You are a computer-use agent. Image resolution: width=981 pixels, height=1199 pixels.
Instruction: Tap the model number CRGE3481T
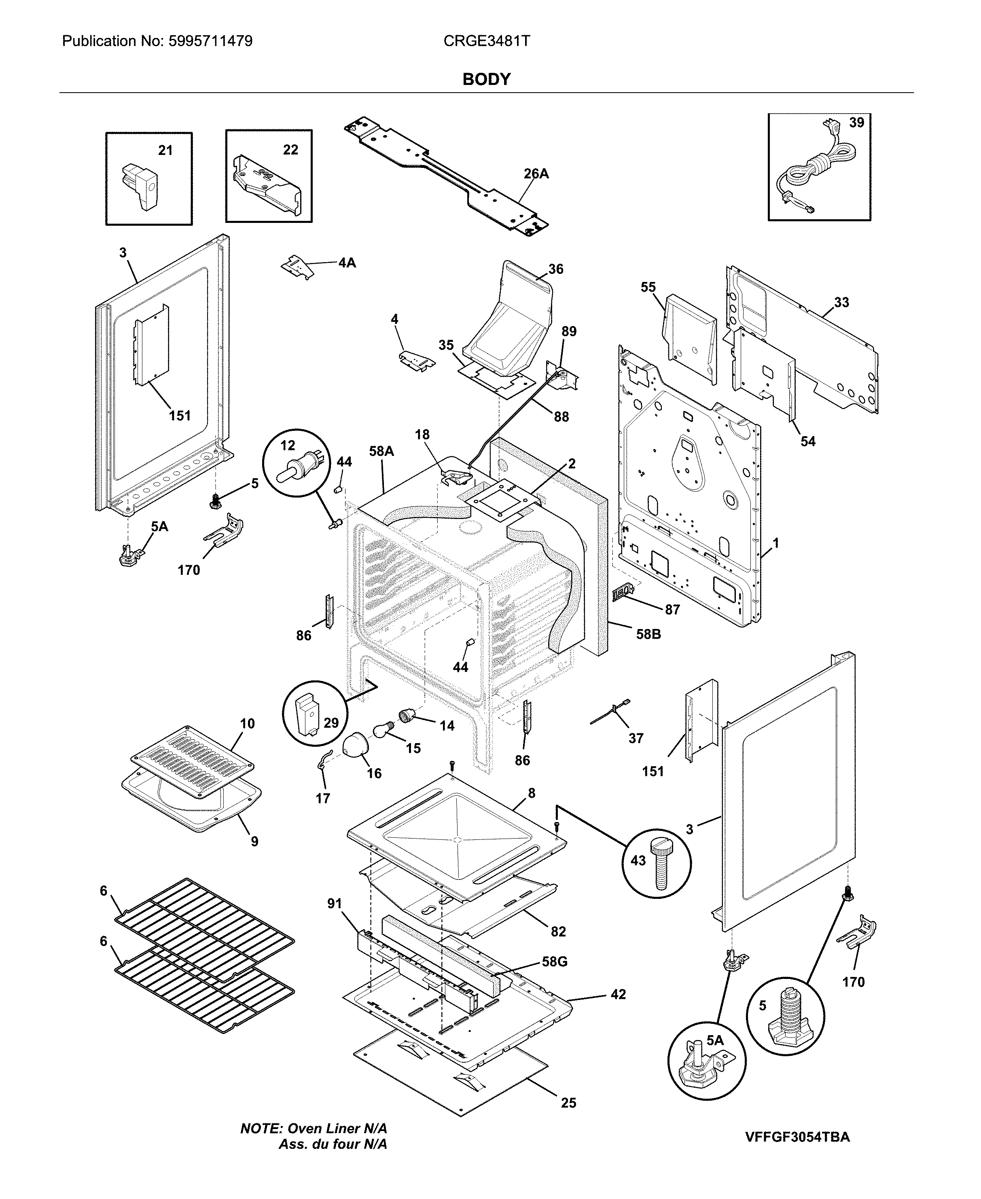(487, 41)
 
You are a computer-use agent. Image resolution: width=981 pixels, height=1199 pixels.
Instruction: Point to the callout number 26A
(536, 174)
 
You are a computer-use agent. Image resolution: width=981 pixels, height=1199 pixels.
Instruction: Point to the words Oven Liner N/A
(337, 1128)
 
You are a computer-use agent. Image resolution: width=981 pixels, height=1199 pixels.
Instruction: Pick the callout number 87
(672, 609)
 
